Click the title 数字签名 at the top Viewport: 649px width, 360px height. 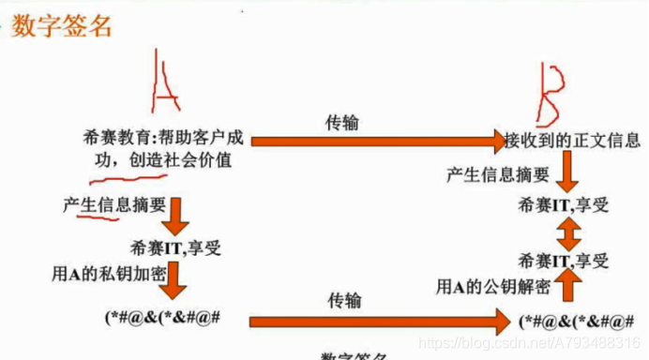pyautogui.click(x=62, y=25)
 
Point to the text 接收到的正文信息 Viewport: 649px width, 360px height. pyautogui.click(x=573, y=142)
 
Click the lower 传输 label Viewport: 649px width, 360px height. pyautogui.click(x=345, y=300)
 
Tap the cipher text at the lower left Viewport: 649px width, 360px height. pyautogui.click(x=162, y=317)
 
